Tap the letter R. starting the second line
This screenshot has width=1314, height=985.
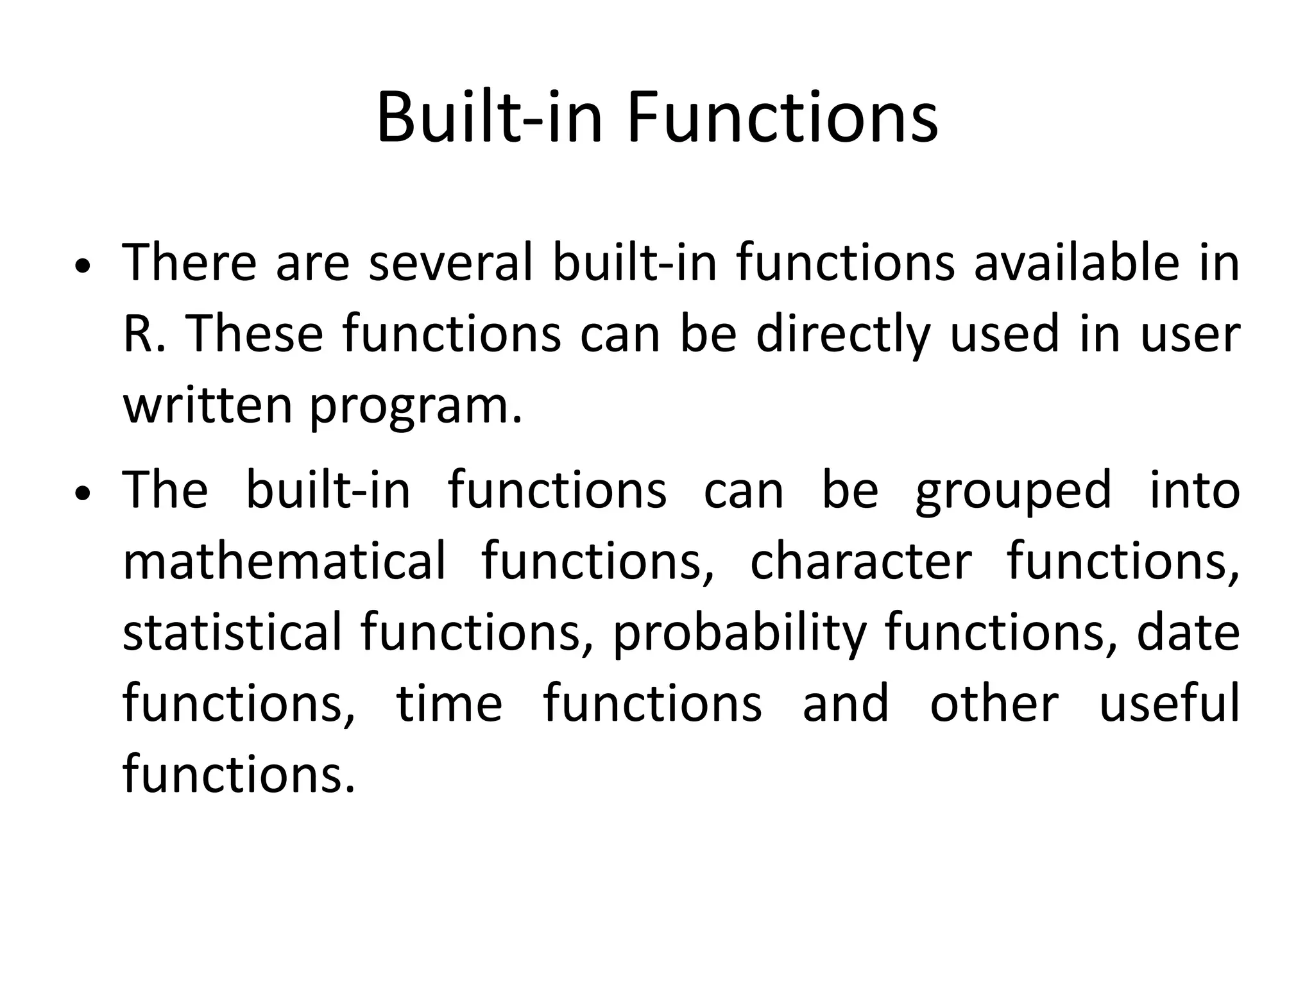click(x=144, y=335)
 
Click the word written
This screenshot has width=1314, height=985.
click(x=207, y=407)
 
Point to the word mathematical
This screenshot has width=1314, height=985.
click(x=284, y=561)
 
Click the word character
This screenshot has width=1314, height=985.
click(x=861, y=561)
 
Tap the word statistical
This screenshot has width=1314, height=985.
click(x=232, y=633)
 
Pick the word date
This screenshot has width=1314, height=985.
click(x=1188, y=633)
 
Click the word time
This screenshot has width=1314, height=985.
click(x=449, y=703)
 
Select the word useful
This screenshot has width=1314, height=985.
click(x=1169, y=703)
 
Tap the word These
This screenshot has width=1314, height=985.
click(x=255, y=335)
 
